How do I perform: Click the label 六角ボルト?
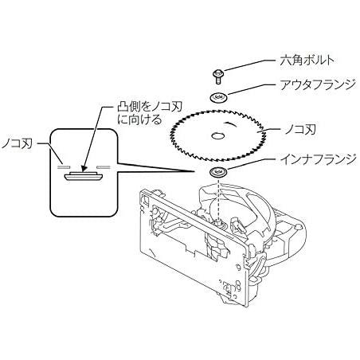[307, 61]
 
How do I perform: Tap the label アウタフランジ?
[318, 84]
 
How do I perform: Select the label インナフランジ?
[318, 159]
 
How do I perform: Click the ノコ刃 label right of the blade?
[300, 130]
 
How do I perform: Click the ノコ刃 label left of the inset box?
[17, 143]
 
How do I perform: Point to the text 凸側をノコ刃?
[150, 107]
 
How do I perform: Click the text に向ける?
[139, 119]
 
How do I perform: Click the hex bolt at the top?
[218, 76]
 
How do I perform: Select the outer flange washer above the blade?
[218, 97]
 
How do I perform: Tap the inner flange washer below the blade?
[218, 173]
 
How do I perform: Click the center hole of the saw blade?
[218, 136]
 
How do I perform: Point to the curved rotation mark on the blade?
[231, 124]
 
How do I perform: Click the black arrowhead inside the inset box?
[84, 169]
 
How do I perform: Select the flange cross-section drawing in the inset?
[84, 176]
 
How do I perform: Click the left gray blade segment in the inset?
[64, 167]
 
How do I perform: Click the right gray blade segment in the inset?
[104, 167]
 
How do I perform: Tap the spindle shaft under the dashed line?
[219, 222]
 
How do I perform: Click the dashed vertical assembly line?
[218, 199]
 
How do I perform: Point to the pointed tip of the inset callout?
[194, 171]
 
